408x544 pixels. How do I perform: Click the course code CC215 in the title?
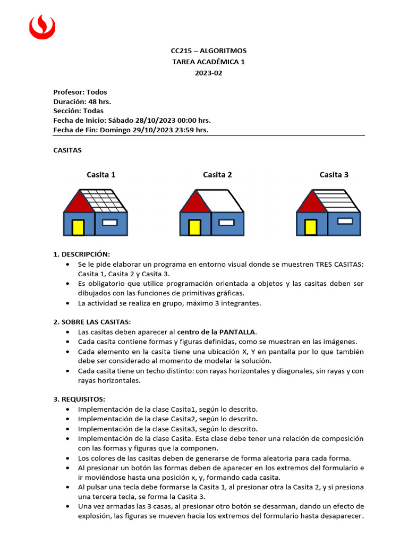[181, 50]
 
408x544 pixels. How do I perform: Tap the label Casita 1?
[101, 175]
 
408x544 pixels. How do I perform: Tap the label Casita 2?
[217, 175]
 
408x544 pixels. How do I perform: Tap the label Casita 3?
[334, 175]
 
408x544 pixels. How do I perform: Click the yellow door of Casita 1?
[78, 227]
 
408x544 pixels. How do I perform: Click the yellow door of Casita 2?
[194, 227]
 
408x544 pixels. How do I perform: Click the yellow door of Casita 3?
[311, 227]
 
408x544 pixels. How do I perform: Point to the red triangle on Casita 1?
[79, 203]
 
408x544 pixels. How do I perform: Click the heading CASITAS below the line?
[67, 150]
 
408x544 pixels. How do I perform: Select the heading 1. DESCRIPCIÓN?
[81, 254]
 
